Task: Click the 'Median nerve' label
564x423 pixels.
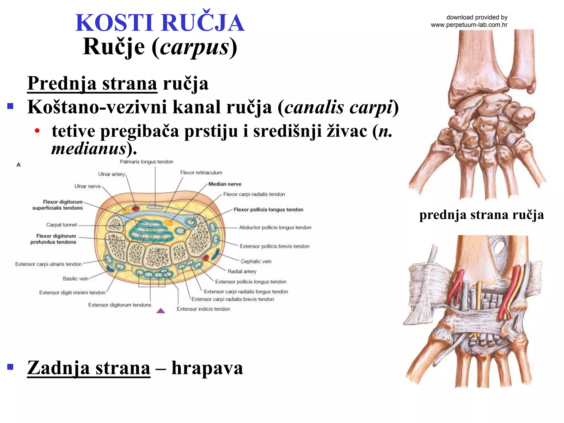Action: tap(225, 184)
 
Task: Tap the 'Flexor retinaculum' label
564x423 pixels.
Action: tap(201, 173)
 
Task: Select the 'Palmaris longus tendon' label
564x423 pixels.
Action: tap(147, 162)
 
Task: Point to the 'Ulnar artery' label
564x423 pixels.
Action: tap(112, 174)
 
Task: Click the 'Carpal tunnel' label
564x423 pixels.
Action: tap(61, 225)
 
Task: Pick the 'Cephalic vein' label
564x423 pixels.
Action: tap(256, 261)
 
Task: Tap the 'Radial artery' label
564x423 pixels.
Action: tap(242, 271)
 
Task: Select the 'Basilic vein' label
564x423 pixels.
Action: tap(75, 278)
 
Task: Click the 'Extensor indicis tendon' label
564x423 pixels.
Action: tap(203, 309)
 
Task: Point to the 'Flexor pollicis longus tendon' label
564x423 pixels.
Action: tap(268, 210)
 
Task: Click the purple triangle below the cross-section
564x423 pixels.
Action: tap(161, 311)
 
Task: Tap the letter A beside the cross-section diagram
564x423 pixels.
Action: tap(18, 165)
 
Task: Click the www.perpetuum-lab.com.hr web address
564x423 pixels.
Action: tap(469, 25)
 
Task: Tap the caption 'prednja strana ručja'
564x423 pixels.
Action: tap(481, 215)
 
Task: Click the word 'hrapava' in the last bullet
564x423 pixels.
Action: tap(207, 368)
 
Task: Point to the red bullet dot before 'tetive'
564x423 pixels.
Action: tap(37, 131)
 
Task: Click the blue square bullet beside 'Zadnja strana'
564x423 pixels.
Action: tap(10, 367)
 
